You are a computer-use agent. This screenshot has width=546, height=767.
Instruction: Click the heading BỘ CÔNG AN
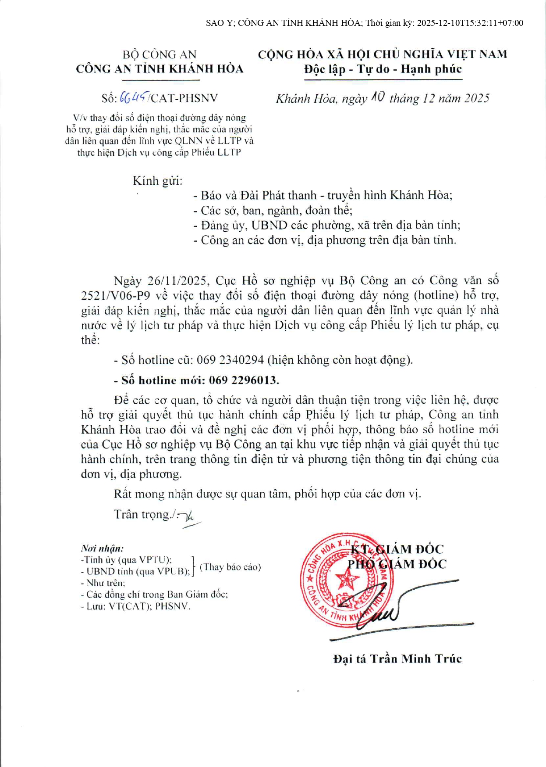point(160,54)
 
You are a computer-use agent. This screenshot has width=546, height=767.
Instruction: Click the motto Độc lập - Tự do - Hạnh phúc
point(383,69)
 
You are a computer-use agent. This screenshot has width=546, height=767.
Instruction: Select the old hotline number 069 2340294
point(230,360)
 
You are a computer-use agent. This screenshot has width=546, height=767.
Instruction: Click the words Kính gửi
point(157,181)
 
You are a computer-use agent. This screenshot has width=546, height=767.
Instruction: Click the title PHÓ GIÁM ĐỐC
point(397,564)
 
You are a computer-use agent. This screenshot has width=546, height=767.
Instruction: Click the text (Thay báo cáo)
point(230,567)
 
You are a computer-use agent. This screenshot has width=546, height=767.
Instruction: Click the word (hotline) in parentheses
point(436,295)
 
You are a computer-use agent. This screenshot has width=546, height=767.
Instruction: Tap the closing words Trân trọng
point(142,514)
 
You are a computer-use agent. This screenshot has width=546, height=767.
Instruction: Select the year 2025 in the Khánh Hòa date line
point(476,98)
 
